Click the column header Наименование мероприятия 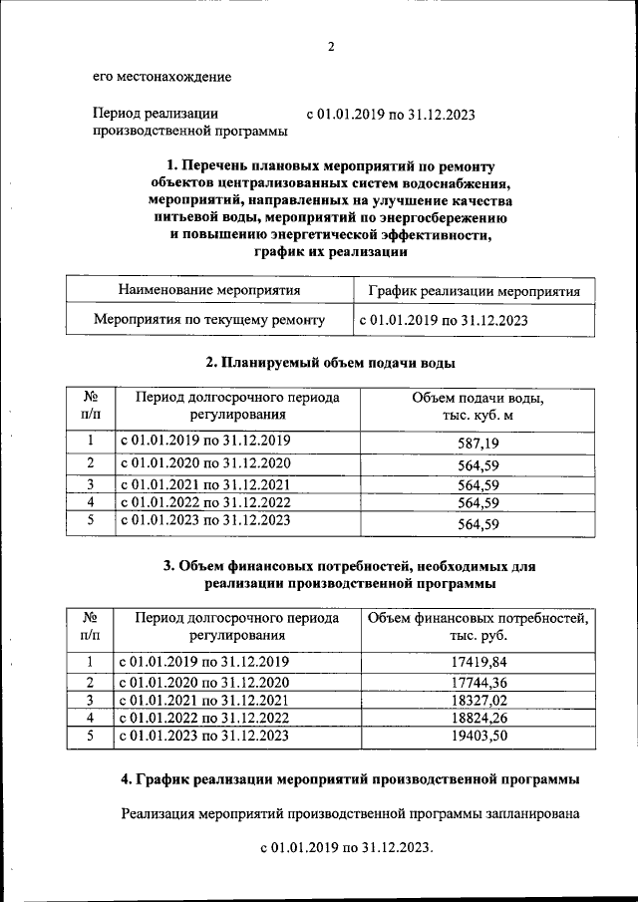click(209, 291)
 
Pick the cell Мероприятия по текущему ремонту click(209, 321)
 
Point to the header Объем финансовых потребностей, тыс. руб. click(478, 626)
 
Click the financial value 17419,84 click(478, 662)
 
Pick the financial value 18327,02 click(478, 701)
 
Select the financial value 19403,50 click(478, 737)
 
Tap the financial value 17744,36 click(478, 683)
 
